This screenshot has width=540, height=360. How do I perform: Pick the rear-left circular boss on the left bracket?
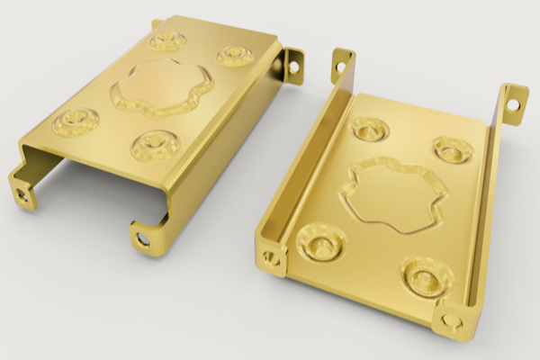[x=167, y=40]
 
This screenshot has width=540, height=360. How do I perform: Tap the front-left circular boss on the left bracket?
[x=76, y=121]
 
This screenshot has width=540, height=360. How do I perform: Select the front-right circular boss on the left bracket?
[x=155, y=144]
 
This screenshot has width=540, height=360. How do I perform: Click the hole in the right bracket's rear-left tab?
[x=340, y=65]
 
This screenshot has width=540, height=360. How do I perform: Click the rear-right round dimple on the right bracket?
[x=451, y=149]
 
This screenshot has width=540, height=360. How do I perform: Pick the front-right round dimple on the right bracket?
[x=427, y=274]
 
